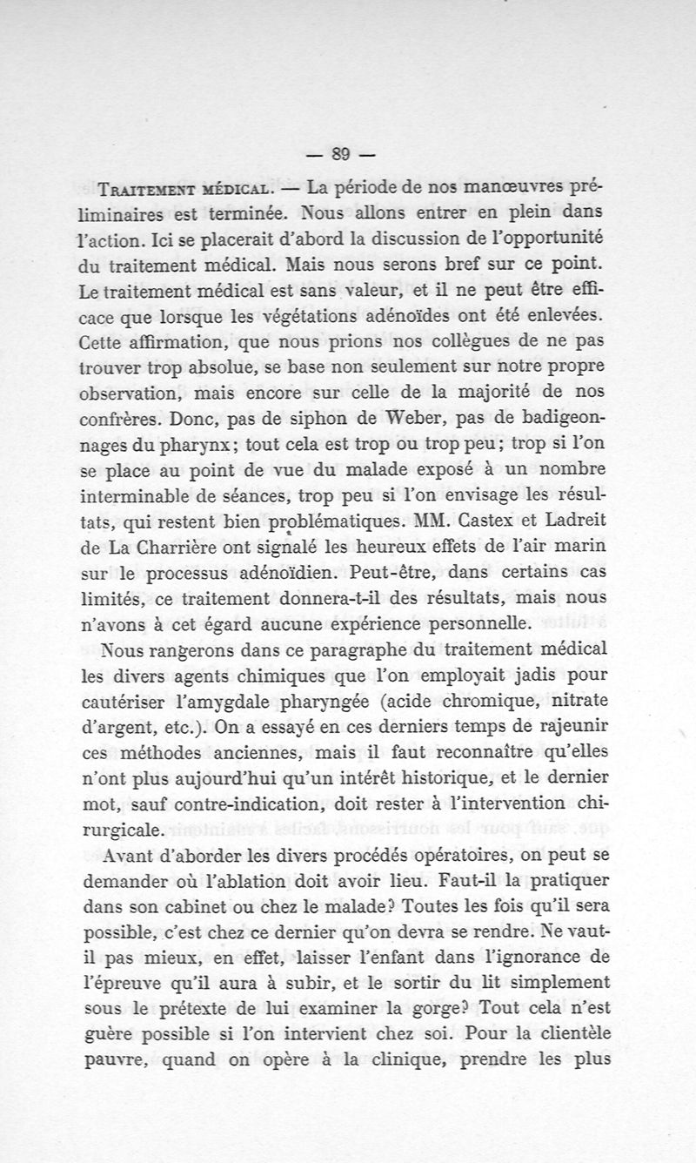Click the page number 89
click(x=339, y=156)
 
